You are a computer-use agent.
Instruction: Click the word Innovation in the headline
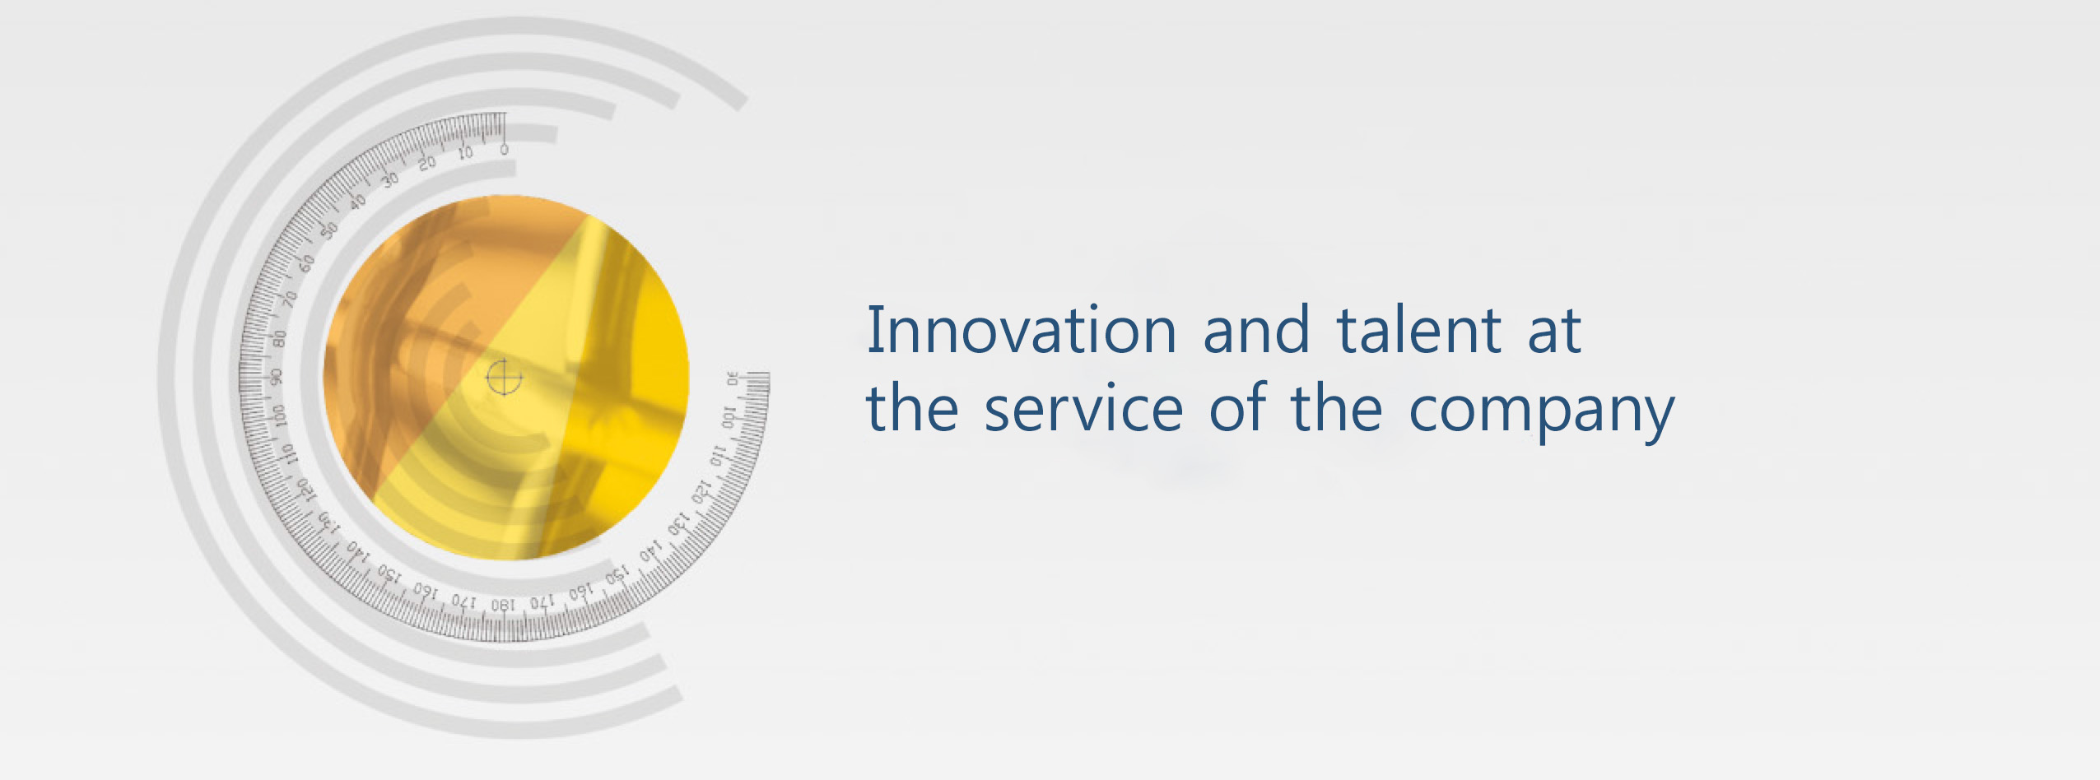tap(1022, 330)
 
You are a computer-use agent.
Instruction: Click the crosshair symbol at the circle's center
tap(504, 378)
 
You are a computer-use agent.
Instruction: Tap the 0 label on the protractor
tap(504, 149)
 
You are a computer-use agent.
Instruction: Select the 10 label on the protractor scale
tap(465, 153)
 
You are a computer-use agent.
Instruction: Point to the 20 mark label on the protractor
tap(427, 163)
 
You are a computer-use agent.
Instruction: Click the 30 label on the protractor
tap(390, 179)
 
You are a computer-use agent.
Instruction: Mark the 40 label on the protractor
tap(357, 201)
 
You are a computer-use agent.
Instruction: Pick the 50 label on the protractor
tap(329, 230)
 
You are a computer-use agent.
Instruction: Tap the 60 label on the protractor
tap(307, 263)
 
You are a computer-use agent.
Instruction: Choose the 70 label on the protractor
tap(290, 299)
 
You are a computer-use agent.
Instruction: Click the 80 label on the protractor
tap(280, 337)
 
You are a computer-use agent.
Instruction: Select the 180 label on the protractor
tap(503, 606)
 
